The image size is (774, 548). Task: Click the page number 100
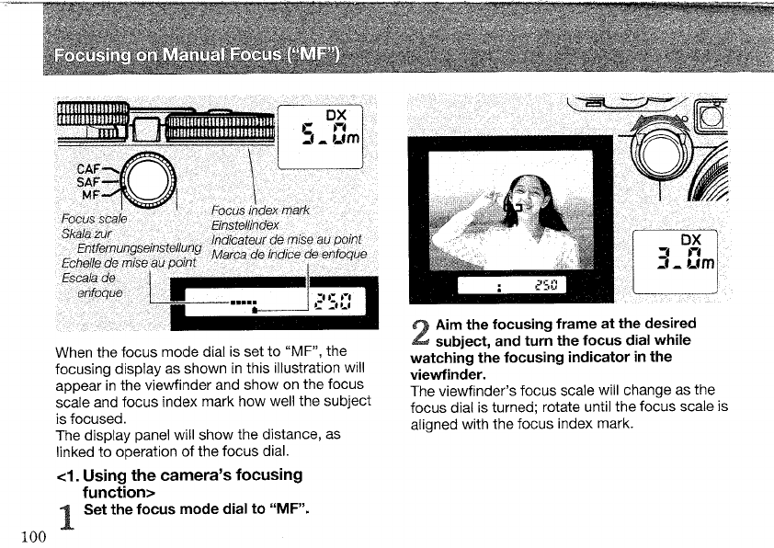coord(27,537)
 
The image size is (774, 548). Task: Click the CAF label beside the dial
coord(89,168)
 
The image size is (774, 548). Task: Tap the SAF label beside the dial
coord(89,182)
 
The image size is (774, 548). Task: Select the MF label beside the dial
coord(92,195)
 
